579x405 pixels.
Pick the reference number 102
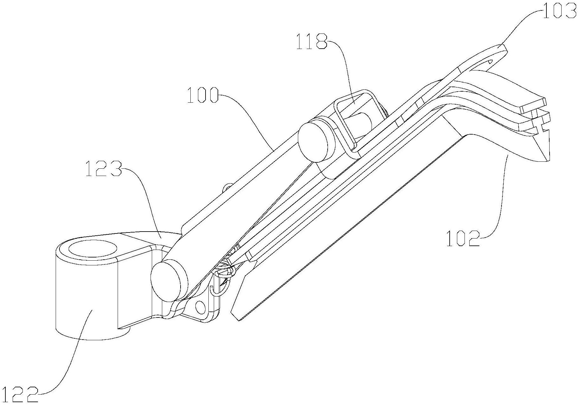(463, 239)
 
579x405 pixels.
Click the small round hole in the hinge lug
(200, 306)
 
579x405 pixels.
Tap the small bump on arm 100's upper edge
(227, 188)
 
